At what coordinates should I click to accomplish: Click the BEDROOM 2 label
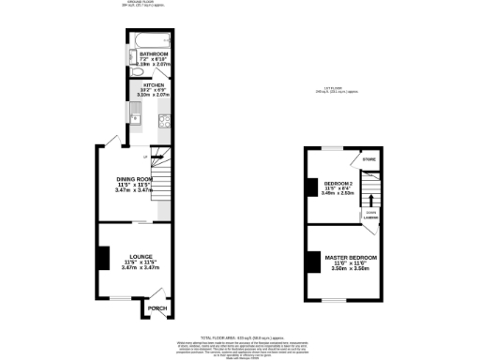pyautogui.click(x=337, y=183)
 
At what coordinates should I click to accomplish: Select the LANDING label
pyautogui.click(x=371, y=217)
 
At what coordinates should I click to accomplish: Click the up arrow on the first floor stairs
pyautogui.click(x=371, y=198)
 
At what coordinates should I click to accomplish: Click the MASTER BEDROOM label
pyautogui.click(x=350, y=257)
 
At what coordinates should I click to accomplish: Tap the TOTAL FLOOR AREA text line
pyautogui.click(x=240, y=336)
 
